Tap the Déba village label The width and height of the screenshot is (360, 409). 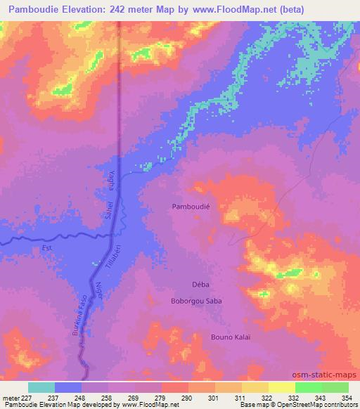[x=201, y=285]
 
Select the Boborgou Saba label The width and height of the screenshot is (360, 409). [x=196, y=301]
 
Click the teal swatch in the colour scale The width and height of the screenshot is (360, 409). [x=41, y=388]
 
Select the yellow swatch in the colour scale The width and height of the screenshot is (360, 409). [x=281, y=388]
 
